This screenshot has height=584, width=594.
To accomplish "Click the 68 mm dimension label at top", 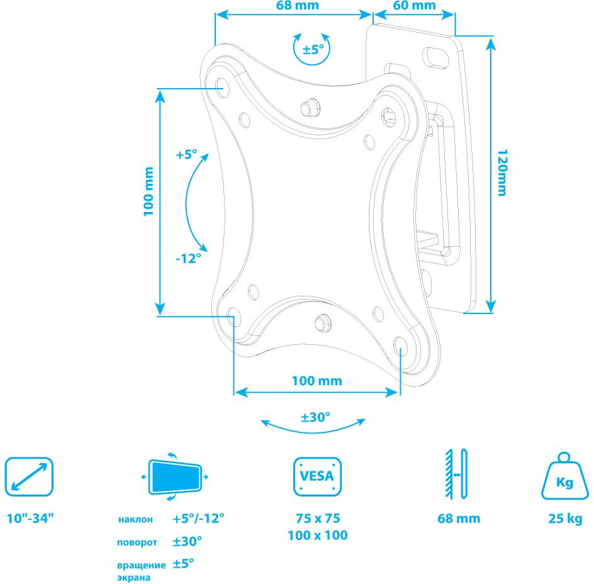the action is coord(298,5).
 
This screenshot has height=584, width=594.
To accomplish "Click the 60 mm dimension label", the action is coord(414,5).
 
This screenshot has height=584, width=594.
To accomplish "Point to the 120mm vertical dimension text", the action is coord(502,173).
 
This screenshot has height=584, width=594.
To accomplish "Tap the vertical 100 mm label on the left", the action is coord(148,191).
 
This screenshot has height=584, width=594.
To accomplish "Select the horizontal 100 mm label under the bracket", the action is coord(317,381).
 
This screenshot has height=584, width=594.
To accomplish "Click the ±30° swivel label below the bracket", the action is coord(316,417).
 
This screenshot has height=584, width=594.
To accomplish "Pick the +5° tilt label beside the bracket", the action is coord(186,154).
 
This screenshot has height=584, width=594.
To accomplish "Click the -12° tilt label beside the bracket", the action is coord(188,259).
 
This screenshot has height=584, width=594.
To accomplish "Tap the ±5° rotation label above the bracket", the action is coord(313,49).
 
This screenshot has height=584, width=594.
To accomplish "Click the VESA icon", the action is coord(318,476).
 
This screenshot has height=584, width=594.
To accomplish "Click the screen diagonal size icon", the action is coord(29,477).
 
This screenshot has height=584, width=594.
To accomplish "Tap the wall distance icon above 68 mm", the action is coord(456,474).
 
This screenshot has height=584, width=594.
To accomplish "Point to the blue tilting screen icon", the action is coord(175,476).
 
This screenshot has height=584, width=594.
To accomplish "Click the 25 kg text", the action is coord(565,519).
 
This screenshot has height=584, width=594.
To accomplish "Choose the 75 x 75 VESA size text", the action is coord(318,518).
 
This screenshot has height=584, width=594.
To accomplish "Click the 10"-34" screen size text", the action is coord(30,518).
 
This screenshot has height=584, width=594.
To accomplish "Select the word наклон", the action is coord(135,519).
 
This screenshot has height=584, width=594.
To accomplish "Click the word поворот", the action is coord(137,542).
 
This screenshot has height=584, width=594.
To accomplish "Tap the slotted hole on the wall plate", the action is coord(435,57).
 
